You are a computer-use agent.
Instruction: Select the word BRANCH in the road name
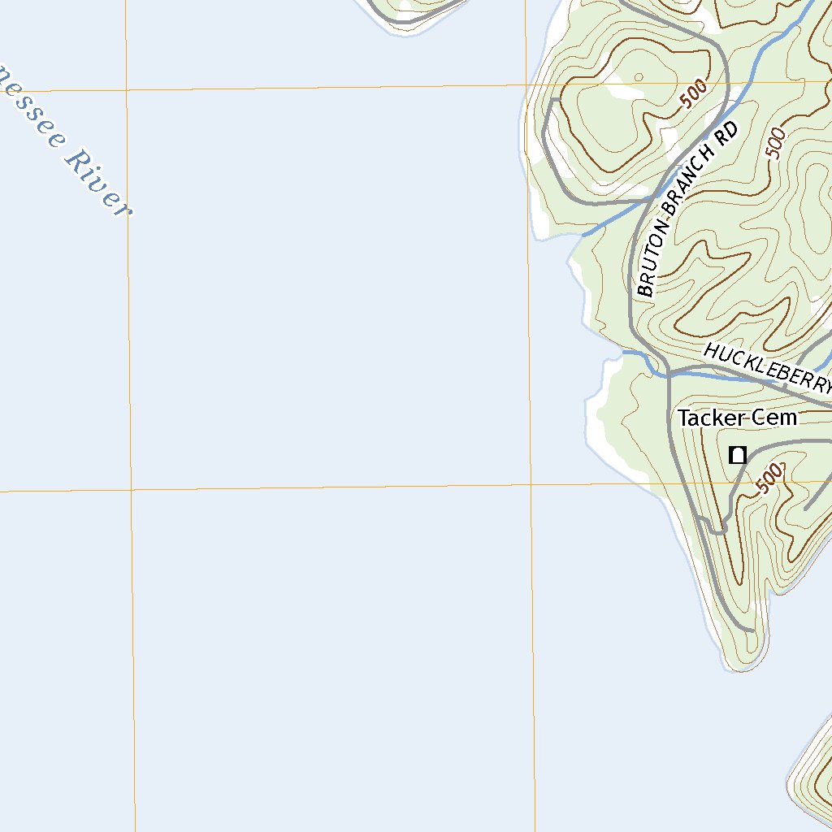(689, 188)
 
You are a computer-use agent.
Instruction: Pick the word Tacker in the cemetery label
(712, 418)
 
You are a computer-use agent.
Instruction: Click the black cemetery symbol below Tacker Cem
(737, 455)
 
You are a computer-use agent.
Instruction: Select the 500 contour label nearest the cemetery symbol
(769, 477)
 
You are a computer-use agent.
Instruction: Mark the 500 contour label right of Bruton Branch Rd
(776, 143)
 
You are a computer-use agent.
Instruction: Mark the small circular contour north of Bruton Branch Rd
(639, 78)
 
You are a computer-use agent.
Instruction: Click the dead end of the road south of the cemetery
(752, 630)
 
